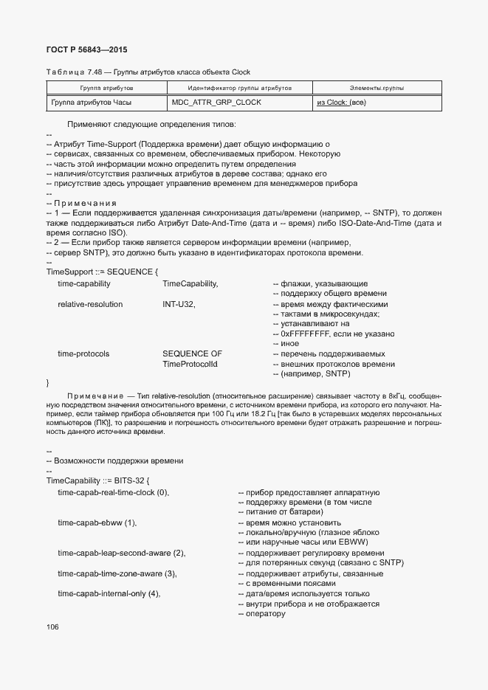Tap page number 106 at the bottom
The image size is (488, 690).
click(52, 627)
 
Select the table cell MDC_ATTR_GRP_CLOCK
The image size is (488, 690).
click(216, 103)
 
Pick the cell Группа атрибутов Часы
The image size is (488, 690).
click(95, 103)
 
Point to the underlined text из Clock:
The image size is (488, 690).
click(331, 103)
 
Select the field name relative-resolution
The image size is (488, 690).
click(90, 304)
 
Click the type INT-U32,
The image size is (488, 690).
click(179, 304)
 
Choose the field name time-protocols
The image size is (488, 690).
click(83, 353)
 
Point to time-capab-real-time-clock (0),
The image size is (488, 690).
click(114, 492)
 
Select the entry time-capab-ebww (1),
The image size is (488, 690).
click(97, 522)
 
